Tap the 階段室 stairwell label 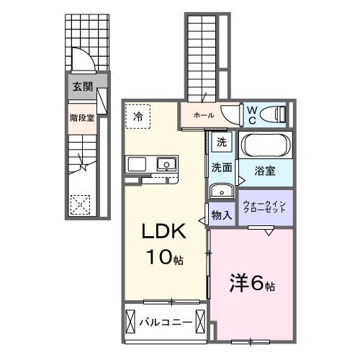[x=82, y=117]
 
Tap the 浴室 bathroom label [x=266, y=171]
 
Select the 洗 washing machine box [x=222, y=141]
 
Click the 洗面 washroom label [x=221, y=168]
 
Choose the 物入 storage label [x=221, y=215]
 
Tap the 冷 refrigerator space [x=137, y=115]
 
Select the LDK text [x=163, y=233]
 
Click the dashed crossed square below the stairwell [x=81, y=204]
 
